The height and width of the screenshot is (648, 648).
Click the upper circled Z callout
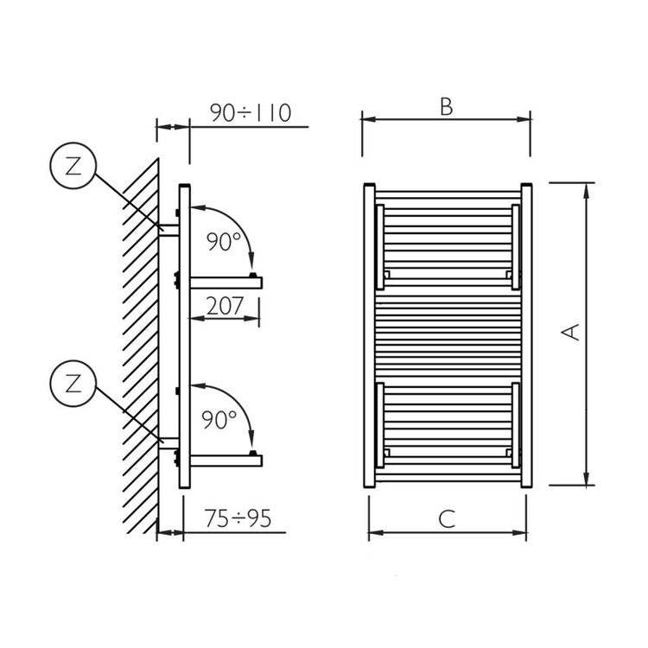73,166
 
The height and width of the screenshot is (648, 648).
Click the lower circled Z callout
73,384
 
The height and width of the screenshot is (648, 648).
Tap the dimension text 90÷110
251,113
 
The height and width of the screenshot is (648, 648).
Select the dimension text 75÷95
238,518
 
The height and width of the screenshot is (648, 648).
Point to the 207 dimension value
225,306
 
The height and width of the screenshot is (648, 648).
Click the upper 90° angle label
223,242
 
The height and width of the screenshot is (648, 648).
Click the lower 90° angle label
219,419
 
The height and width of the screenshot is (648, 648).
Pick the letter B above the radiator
447,106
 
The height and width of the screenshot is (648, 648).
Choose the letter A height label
572,333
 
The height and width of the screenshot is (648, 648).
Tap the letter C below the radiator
448,519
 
